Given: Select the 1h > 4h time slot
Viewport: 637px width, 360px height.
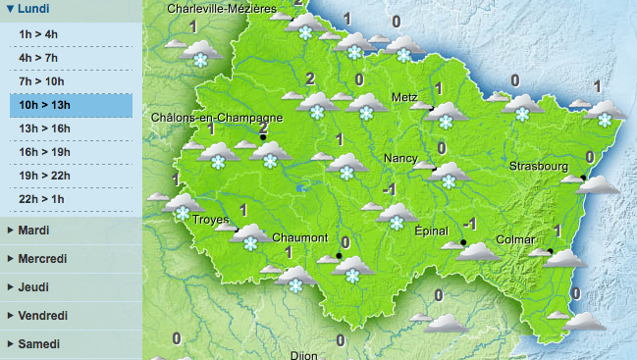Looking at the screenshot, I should point(40,34).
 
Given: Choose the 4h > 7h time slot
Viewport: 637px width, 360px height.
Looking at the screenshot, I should point(40,58).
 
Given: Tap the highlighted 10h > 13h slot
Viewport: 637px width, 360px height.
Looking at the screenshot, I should point(46,105).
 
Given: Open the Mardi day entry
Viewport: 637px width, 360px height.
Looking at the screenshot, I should point(34,231).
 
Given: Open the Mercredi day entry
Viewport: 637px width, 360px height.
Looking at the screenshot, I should point(42,259).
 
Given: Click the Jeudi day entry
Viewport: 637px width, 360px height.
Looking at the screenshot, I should point(33,287).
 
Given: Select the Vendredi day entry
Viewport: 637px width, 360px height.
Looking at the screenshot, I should point(42,316).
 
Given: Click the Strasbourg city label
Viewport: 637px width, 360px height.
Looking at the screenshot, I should point(538,167).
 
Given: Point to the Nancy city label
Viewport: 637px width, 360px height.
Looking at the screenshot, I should point(400,158).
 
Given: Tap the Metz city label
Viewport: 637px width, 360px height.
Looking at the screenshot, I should point(403,98).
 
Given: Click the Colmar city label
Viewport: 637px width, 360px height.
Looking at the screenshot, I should point(515,239).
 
